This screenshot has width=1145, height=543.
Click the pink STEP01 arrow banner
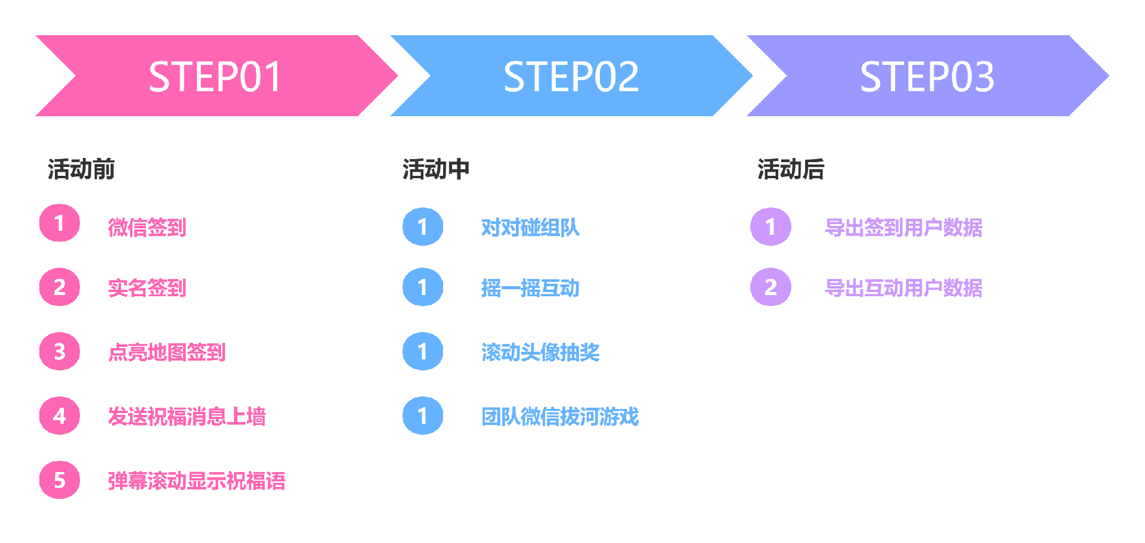215,76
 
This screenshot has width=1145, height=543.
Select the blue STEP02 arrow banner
571,76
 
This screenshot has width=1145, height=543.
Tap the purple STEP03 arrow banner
927,76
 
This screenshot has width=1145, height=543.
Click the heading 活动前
81,169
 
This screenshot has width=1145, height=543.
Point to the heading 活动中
436,169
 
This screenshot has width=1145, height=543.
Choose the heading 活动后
791,169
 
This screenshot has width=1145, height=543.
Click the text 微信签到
147,228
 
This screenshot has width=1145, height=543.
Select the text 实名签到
147,288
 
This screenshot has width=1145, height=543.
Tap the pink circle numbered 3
60,351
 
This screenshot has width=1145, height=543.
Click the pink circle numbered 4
60,415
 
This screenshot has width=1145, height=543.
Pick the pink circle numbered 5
60,480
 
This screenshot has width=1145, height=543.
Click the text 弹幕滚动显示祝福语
196,480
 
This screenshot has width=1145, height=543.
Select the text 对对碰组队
530,228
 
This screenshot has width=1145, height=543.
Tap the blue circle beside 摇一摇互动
423,287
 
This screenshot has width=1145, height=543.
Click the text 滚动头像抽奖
540,352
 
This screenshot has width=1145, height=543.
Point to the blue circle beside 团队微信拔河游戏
423,415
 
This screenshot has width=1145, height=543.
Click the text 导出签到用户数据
903,228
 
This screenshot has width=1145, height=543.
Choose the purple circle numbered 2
770,287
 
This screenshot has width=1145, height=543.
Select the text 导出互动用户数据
903,288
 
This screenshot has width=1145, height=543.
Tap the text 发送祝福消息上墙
187,416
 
